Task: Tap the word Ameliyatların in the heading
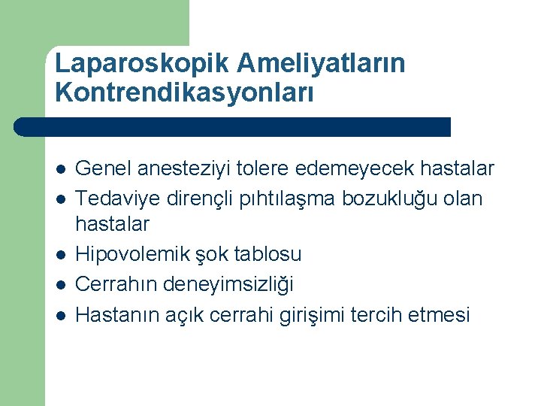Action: tap(322, 63)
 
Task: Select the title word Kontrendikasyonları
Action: tap(185, 94)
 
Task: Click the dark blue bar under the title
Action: tap(233, 126)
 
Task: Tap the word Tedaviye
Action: tap(122, 198)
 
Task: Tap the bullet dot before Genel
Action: tap(60, 169)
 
